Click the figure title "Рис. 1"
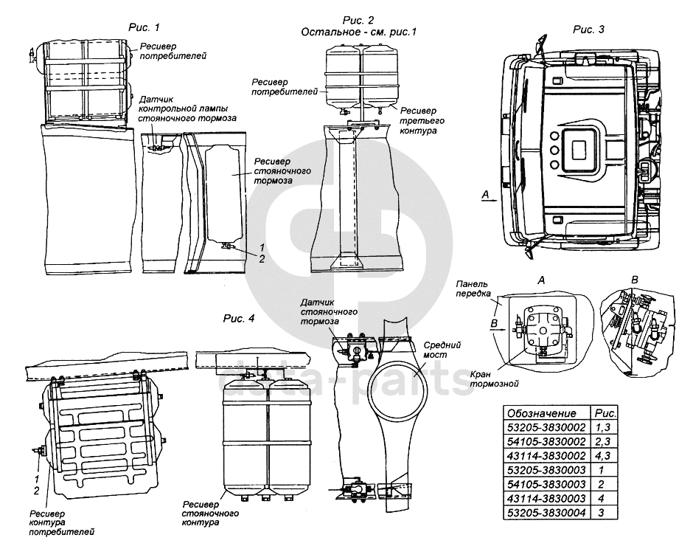[x=144, y=28]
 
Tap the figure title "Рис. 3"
[x=588, y=30]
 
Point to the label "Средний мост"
[x=444, y=349]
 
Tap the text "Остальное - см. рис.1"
[x=359, y=32]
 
